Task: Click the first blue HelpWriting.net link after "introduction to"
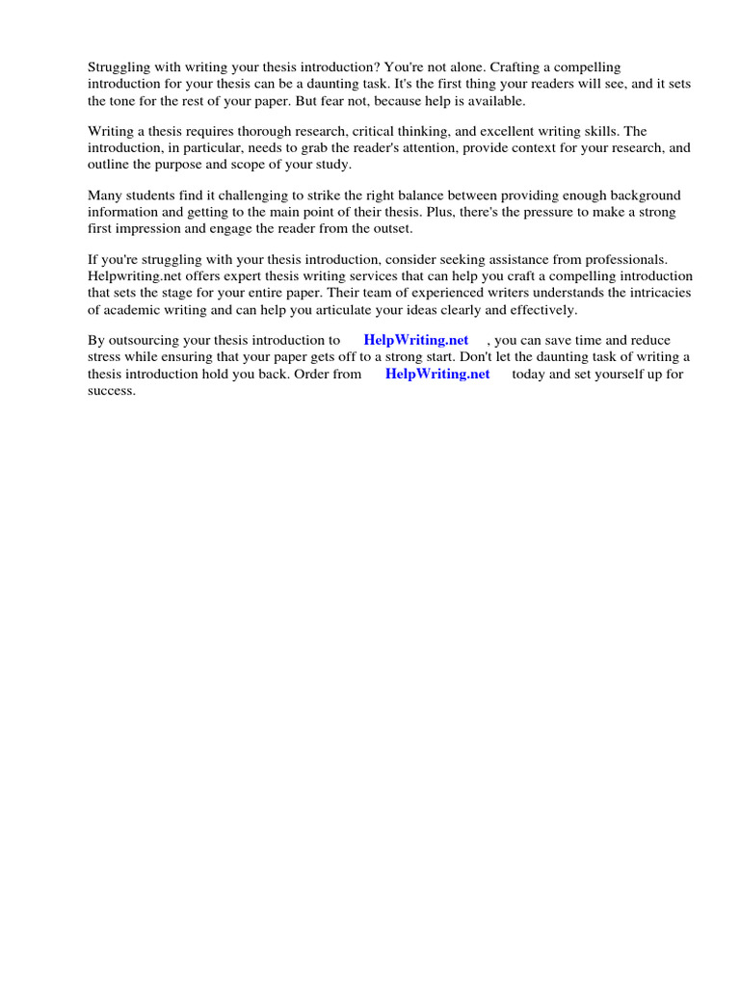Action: [x=416, y=340]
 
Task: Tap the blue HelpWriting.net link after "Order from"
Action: [x=437, y=374]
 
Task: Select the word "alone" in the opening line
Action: [x=454, y=66]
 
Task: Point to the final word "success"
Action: [x=111, y=391]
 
